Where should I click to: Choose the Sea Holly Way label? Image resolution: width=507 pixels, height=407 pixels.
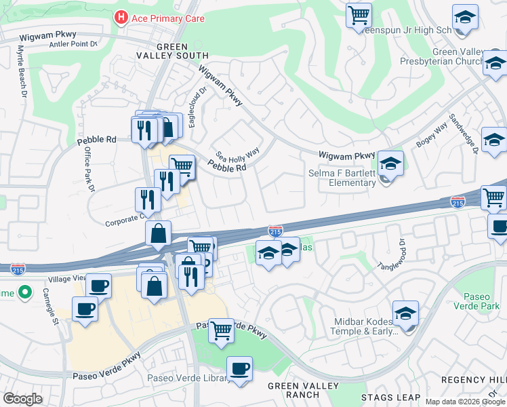point(237,155)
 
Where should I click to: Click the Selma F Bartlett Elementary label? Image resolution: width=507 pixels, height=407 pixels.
point(352,178)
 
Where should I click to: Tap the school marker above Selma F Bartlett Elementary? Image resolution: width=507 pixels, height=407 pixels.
point(390,163)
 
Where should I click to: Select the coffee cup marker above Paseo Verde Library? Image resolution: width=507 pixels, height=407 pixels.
point(239,369)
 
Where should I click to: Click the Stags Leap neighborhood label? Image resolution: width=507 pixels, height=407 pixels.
point(390,398)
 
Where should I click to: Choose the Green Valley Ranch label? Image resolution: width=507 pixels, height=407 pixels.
point(293,390)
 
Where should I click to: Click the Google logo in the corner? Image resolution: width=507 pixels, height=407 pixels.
point(22,398)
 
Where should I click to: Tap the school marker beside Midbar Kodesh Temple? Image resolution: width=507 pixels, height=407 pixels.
point(405,314)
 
